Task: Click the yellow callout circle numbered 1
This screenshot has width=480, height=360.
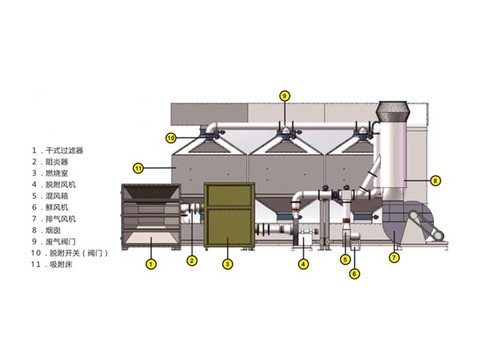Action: (x=150, y=262)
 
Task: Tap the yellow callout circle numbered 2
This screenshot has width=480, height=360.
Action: (x=192, y=260)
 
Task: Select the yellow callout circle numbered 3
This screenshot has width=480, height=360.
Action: (x=226, y=263)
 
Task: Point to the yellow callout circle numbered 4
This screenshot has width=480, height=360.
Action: (x=303, y=263)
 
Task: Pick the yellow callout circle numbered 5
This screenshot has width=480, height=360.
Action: (x=345, y=258)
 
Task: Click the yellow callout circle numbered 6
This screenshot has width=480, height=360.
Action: (x=354, y=274)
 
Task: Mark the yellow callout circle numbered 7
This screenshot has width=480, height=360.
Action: (x=394, y=258)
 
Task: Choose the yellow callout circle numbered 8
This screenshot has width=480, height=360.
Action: (x=435, y=180)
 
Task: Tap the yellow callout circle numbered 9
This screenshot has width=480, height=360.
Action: (x=283, y=95)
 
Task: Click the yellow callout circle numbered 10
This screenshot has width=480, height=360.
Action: (x=170, y=138)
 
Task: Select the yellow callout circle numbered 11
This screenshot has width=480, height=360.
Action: (x=138, y=168)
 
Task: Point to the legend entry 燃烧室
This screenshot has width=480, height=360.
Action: (x=57, y=173)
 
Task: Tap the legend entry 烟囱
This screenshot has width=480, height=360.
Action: (x=52, y=230)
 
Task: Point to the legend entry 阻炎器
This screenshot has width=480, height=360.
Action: (x=57, y=161)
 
